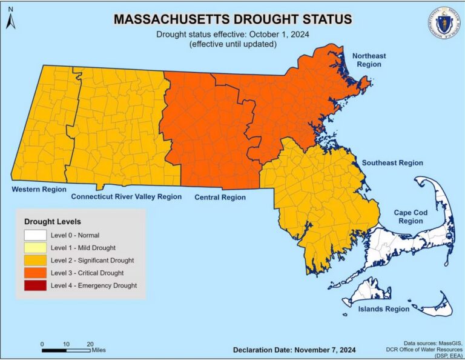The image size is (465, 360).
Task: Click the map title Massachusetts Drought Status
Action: point(232,19)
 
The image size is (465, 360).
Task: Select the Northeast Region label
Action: point(369,59)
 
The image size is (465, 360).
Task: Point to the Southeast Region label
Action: point(392,163)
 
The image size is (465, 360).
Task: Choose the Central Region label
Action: point(220,197)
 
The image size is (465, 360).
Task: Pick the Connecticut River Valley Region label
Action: point(126,197)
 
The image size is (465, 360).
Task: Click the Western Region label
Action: point(39,190)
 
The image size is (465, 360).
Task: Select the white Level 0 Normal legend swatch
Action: point(35,235)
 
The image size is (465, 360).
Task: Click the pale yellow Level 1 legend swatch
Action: point(35,247)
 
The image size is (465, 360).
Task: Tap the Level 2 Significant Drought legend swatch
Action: point(35,260)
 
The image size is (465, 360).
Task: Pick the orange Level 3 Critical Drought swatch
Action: point(35,273)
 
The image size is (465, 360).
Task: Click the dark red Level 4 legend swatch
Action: point(35,285)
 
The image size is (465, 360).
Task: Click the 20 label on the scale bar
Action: point(90,344)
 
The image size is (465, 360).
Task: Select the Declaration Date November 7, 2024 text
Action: point(294,350)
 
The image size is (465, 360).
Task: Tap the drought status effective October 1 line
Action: point(232,35)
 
